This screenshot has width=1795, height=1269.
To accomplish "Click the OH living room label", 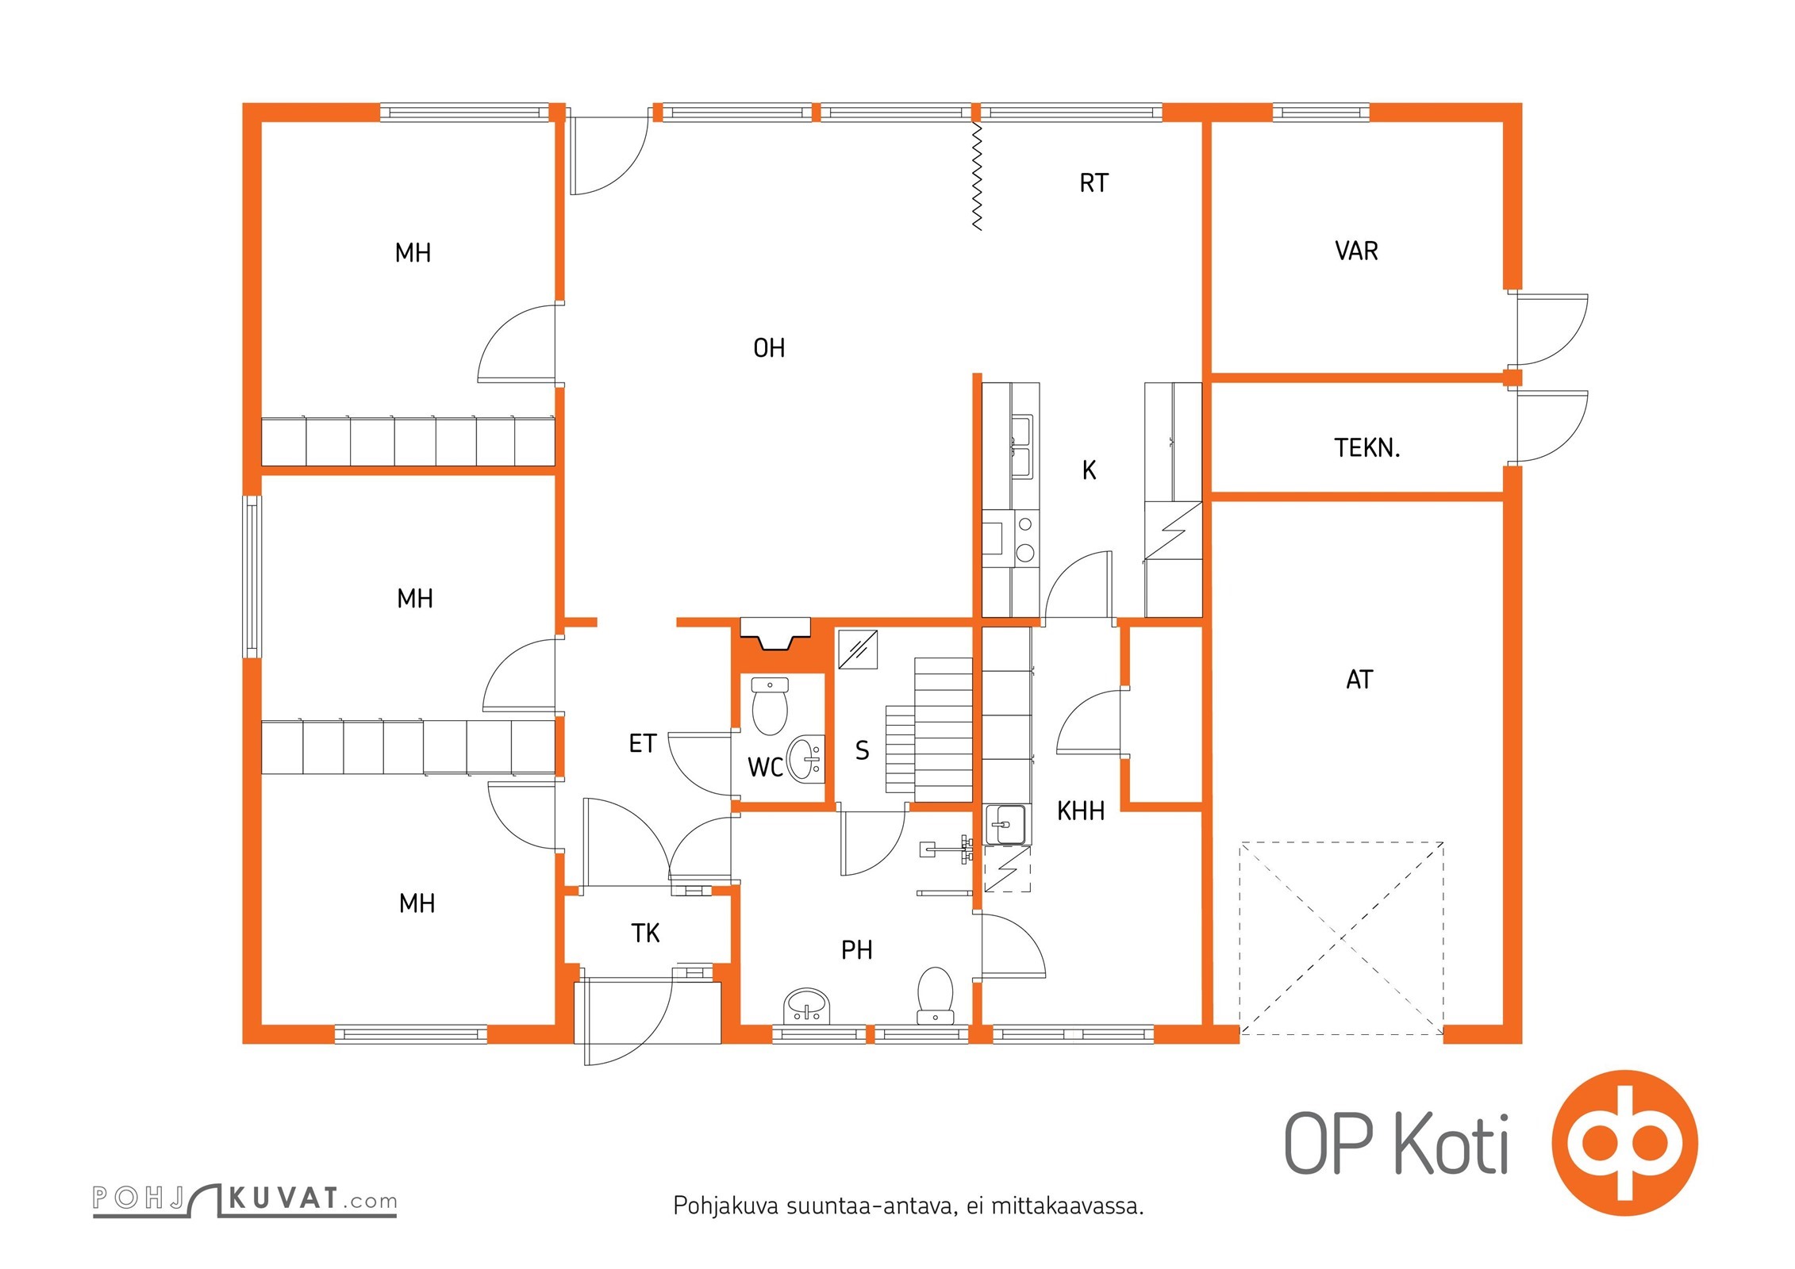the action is [768, 348].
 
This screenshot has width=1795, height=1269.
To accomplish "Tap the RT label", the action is [1093, 183].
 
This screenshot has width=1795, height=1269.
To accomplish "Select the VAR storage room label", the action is [1356, 251].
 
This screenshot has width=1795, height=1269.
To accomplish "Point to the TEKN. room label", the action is [1366, 448].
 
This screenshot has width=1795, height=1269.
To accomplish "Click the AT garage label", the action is [1359, 680].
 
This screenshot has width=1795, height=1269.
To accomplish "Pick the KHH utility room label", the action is [1080, 811].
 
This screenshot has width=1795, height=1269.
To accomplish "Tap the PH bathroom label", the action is [856, 950].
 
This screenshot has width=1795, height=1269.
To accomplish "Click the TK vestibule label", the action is [645, 934].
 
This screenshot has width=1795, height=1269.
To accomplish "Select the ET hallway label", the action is [642, 744].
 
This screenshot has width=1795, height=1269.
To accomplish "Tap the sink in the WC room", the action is [806, 759].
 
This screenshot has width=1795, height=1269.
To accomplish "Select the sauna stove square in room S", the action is [858, 649].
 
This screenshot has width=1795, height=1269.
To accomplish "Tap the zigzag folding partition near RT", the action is [977, 176].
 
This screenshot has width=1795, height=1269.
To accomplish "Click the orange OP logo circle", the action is [1624, 1143].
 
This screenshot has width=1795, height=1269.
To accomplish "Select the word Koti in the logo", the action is [1451, 1145].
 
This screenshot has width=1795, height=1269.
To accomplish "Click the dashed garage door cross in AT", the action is [1341, 938].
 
